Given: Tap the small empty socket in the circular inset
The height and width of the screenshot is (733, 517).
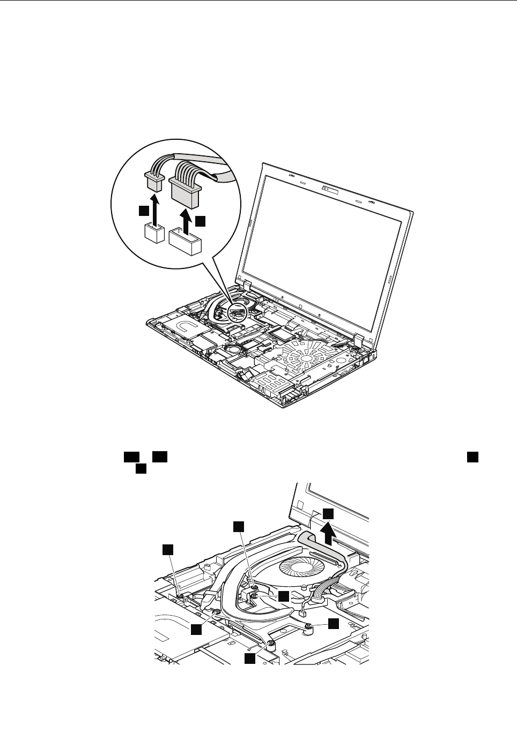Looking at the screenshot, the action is [x=154, y=234].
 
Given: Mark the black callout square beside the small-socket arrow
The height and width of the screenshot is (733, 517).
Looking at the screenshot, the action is [x=143, y=211].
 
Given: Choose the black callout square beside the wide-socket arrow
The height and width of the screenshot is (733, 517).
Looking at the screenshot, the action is [x=200, y=220].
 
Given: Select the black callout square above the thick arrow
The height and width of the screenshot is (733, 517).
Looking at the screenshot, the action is [x=328, y=513].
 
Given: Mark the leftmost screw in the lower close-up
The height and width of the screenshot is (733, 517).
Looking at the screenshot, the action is [x=181, y=595].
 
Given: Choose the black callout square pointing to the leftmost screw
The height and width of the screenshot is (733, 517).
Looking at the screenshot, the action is [x=168, y=549].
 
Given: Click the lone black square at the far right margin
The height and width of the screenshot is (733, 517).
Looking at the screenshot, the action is [x=471, y=456].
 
